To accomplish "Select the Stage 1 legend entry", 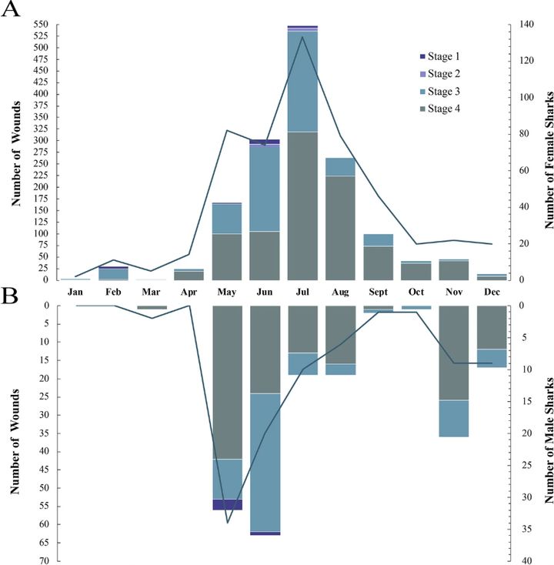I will point(444,56).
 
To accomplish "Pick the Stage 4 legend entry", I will point(444,109).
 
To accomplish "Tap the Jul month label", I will point(302,293).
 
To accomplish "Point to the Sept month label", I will point(378,293).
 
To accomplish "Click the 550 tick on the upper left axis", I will point(39,25).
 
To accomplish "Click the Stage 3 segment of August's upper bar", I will point(340,166).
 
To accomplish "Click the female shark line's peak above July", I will point(302,37).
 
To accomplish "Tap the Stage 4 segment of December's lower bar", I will point(491,327).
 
